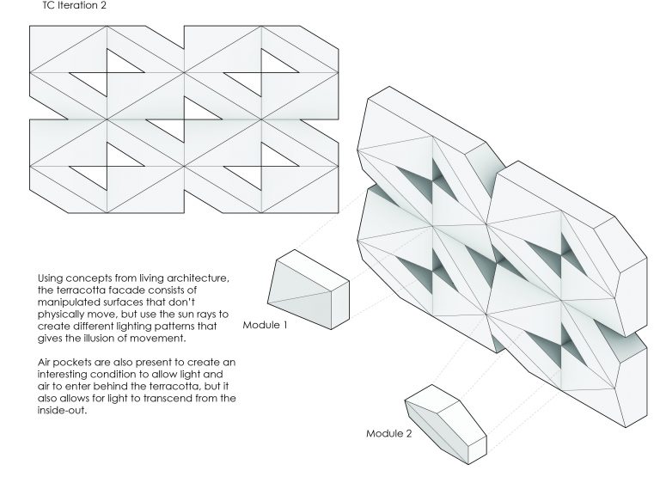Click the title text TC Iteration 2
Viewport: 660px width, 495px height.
point(75,5)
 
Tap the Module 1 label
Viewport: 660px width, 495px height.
point(266,325)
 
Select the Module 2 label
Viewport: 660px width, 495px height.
point(389,433)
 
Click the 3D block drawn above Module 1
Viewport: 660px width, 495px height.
point(309,290)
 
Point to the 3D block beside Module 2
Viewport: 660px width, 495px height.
point(446,425)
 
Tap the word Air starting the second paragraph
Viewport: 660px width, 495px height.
point(44,363)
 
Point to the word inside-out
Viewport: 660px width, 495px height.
point(62,411)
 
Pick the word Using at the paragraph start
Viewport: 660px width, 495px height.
point(50,278)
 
